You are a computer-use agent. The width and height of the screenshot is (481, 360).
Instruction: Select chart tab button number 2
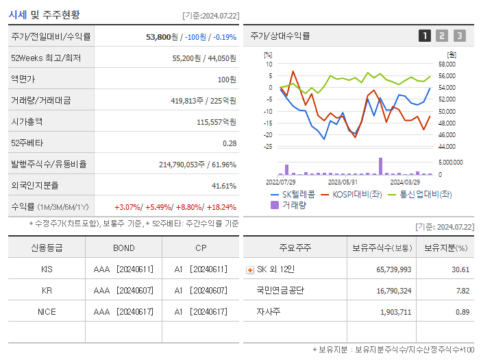point(442,36)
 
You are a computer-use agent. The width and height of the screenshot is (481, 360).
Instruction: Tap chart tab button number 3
point(459,36)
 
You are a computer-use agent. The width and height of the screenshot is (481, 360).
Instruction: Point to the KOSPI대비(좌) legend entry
point(353,194)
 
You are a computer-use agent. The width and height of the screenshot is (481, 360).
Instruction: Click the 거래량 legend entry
point(293,204)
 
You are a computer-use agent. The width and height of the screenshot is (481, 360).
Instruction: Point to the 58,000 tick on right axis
point(447,64)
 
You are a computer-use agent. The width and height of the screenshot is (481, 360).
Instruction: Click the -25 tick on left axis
point(268,146)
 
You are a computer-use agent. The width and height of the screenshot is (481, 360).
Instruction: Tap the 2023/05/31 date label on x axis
point(343,182)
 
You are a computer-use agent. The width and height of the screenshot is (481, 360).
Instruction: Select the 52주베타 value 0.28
point(230,143)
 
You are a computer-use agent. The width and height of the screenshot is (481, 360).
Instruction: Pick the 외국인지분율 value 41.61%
point(224,186)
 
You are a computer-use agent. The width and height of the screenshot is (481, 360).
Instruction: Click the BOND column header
point(124,248)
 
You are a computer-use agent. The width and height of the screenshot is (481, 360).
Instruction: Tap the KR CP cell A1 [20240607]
point(200,290)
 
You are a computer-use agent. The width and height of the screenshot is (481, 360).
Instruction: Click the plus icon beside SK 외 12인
point(249,269)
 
